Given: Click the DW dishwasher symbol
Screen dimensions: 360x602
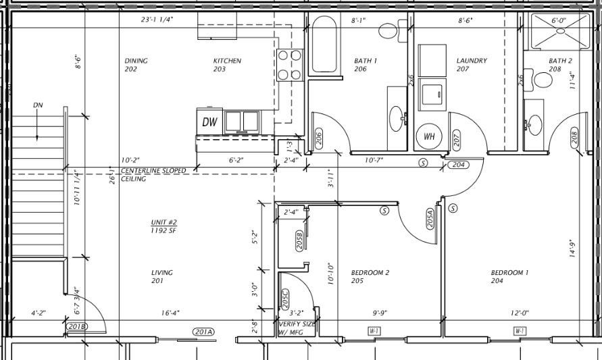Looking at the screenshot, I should [210, 122].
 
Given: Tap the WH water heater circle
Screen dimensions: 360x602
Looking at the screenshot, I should [428, 136].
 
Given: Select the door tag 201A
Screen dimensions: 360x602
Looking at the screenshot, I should [203, 331].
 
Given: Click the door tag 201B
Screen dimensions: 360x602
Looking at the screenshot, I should [78, 327].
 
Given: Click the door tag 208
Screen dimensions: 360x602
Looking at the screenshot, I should [575, 138].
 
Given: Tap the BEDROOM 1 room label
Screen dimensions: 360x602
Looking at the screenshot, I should [509, 276].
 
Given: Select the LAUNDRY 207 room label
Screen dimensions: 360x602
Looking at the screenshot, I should [471, 65].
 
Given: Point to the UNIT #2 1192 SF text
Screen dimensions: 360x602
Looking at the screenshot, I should [164, 226].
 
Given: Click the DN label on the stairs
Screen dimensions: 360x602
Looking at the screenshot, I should [38, 105].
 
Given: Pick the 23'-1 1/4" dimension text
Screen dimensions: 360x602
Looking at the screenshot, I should [157, 20].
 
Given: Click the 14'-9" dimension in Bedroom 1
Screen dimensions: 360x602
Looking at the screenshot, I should [572, 249].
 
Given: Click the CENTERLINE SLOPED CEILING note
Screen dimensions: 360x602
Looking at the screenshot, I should [153, 175].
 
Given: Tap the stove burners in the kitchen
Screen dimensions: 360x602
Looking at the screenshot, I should [289, 65].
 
